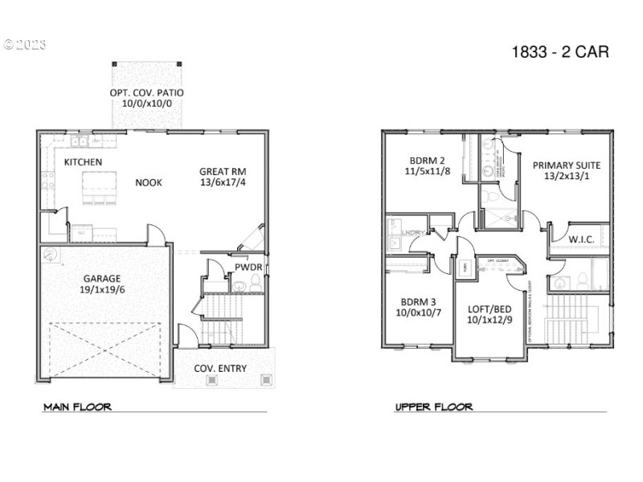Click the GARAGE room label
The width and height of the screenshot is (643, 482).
pyautogui.click(x=100, y=279)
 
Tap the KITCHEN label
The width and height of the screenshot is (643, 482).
pyautogui.click(x=83, y=162)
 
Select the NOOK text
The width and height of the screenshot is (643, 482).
pyautogui.click(x=149, y=182)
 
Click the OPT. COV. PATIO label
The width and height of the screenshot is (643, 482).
pyautogui.click(x=147, y=93)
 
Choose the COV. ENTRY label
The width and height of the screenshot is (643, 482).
pyautogui.click(x=221, y=369)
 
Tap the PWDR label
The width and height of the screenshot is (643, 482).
pyautogui.click(x=245, y=267)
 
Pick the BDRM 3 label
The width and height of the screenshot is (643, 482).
pyautogui.click(x=419, y=303)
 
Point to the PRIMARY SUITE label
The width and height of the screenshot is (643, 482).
pyautogui.click(x=567, y=165)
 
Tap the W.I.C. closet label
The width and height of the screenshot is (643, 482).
pyautogui.click(x=581, y=239)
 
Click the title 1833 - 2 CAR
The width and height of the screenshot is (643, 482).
pyautogui.click(x=560, y=53)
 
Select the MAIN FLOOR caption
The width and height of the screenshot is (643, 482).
pyautogui.click(x=77, y=407)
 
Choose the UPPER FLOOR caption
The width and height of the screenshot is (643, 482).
pyautogui.click(x=433, y=407)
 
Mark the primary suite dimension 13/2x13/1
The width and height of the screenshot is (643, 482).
pyautogui.click(x=567, y=178)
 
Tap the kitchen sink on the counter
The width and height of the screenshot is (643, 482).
pyautogui.click(x=79, y=143)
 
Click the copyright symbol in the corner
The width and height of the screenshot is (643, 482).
pyautogui.click(x=10, y=44)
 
